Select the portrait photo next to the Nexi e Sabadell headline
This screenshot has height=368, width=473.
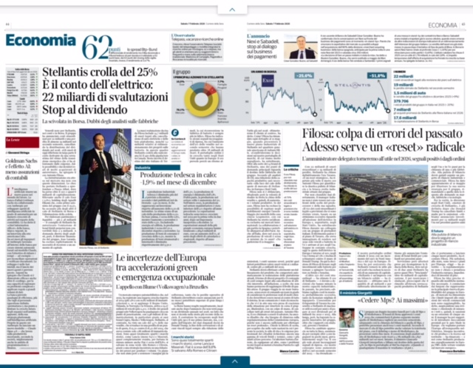click(303, 46)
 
